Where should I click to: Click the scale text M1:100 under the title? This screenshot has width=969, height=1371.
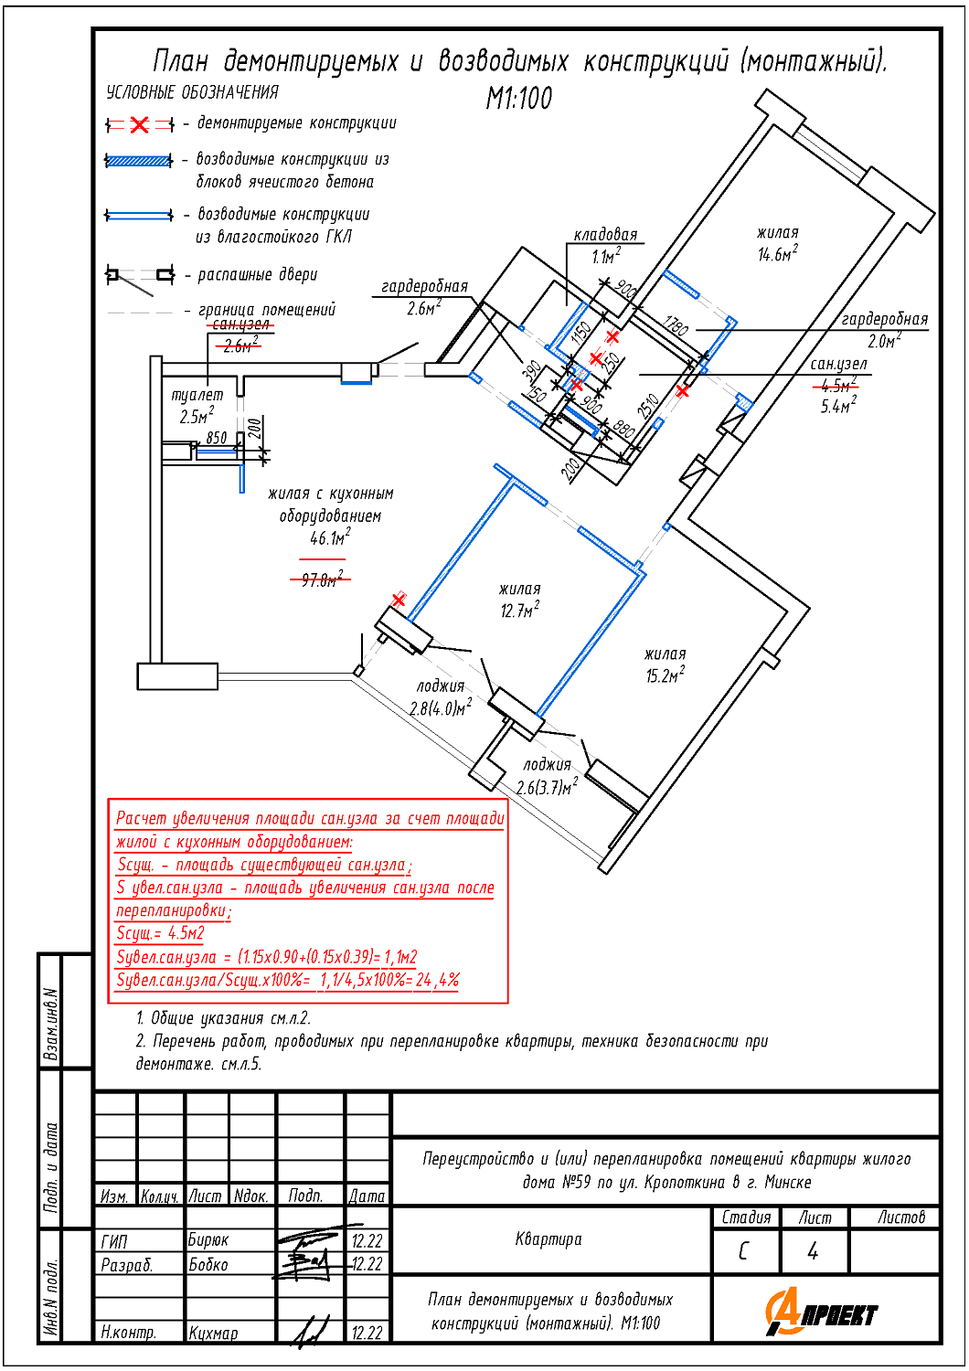[x=519, y=98]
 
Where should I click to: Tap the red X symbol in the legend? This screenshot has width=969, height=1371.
[x=139, y=124]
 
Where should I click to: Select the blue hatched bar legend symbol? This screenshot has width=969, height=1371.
[x=139, y=161]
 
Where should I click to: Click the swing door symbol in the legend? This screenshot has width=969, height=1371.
[x=139, y=275]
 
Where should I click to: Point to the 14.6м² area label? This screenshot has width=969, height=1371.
[x=777, y=255]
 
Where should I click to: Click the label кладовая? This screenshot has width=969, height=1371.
[x=605, y=235]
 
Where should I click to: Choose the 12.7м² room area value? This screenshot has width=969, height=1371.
[x=519, y=611]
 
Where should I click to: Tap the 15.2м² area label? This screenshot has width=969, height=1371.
[x=665, y=676]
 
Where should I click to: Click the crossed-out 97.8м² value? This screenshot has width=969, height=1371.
[x=323, y=579]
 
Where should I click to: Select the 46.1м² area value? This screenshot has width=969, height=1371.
[x=330, y=538]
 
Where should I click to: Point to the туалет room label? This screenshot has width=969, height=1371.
[x=197, y=395]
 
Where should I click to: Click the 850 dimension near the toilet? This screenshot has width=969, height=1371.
[x=217, y=438]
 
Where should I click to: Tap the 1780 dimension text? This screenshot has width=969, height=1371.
[x=676, y=325]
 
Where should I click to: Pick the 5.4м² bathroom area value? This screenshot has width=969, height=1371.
[x=838, y=406]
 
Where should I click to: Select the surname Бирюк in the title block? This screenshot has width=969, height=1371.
[x=208, y=1240]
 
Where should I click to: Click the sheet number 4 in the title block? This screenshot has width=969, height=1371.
[x=813, y=1251]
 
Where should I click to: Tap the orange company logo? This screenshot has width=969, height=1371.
[x=820, y=1313]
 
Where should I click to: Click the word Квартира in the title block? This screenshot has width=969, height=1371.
[x=548, y=1239]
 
